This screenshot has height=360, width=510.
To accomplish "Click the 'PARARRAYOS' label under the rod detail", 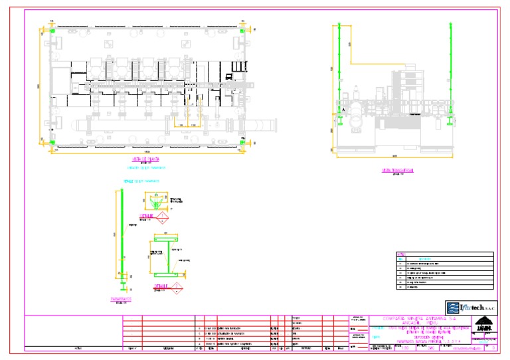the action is coord(121,300).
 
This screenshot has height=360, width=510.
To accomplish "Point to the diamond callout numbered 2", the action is coord(177,287).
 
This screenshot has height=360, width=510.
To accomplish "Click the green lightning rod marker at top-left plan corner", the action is coord(52,31).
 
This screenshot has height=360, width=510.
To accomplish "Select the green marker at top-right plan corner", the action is coord(243,31).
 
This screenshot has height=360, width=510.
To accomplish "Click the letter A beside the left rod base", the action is coord(343,111).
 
